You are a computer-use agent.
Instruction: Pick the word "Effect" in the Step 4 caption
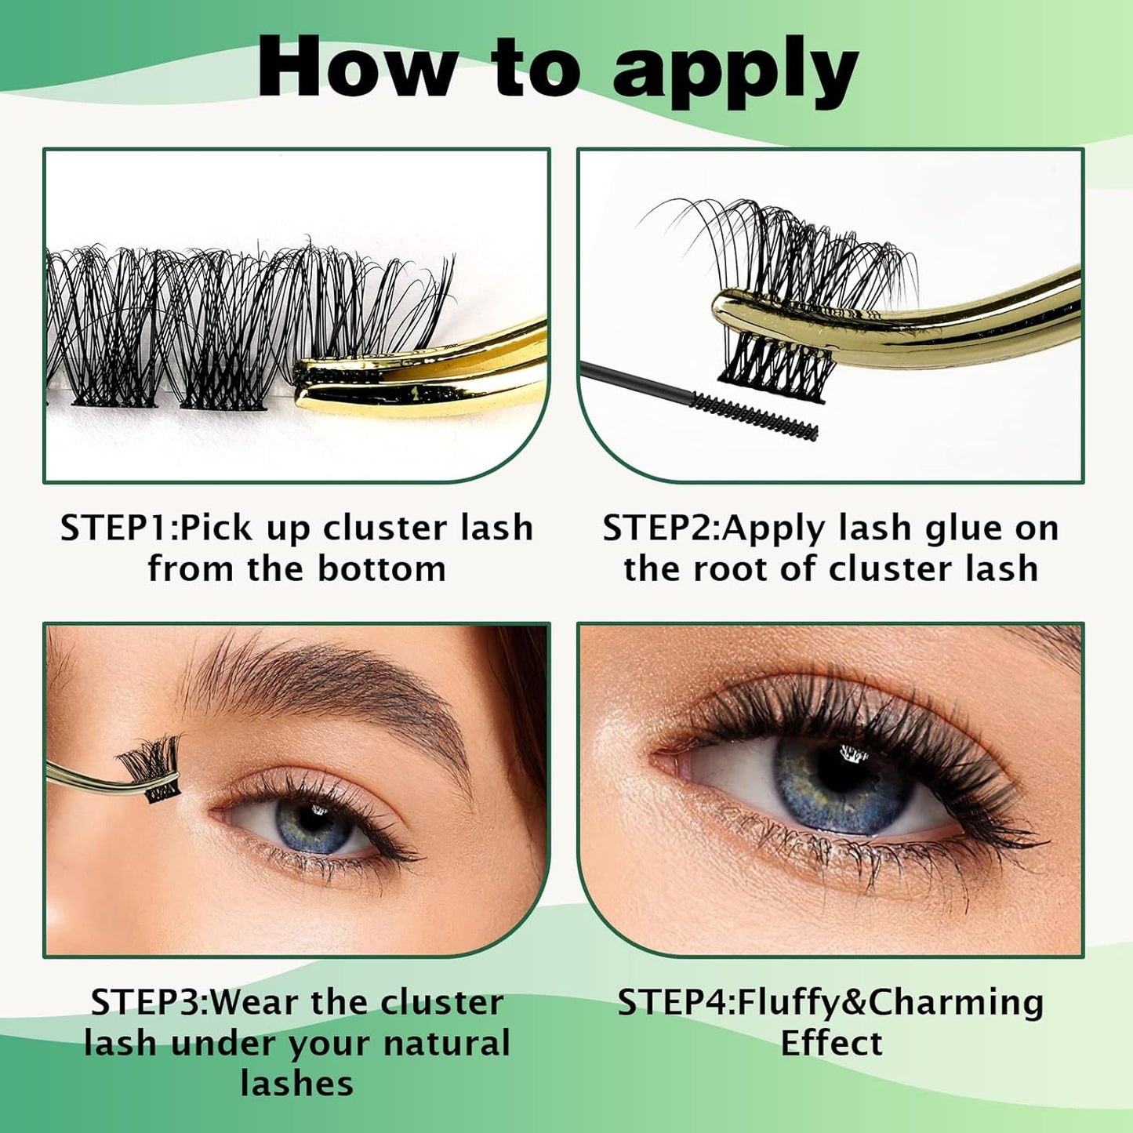coord(831,1044)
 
